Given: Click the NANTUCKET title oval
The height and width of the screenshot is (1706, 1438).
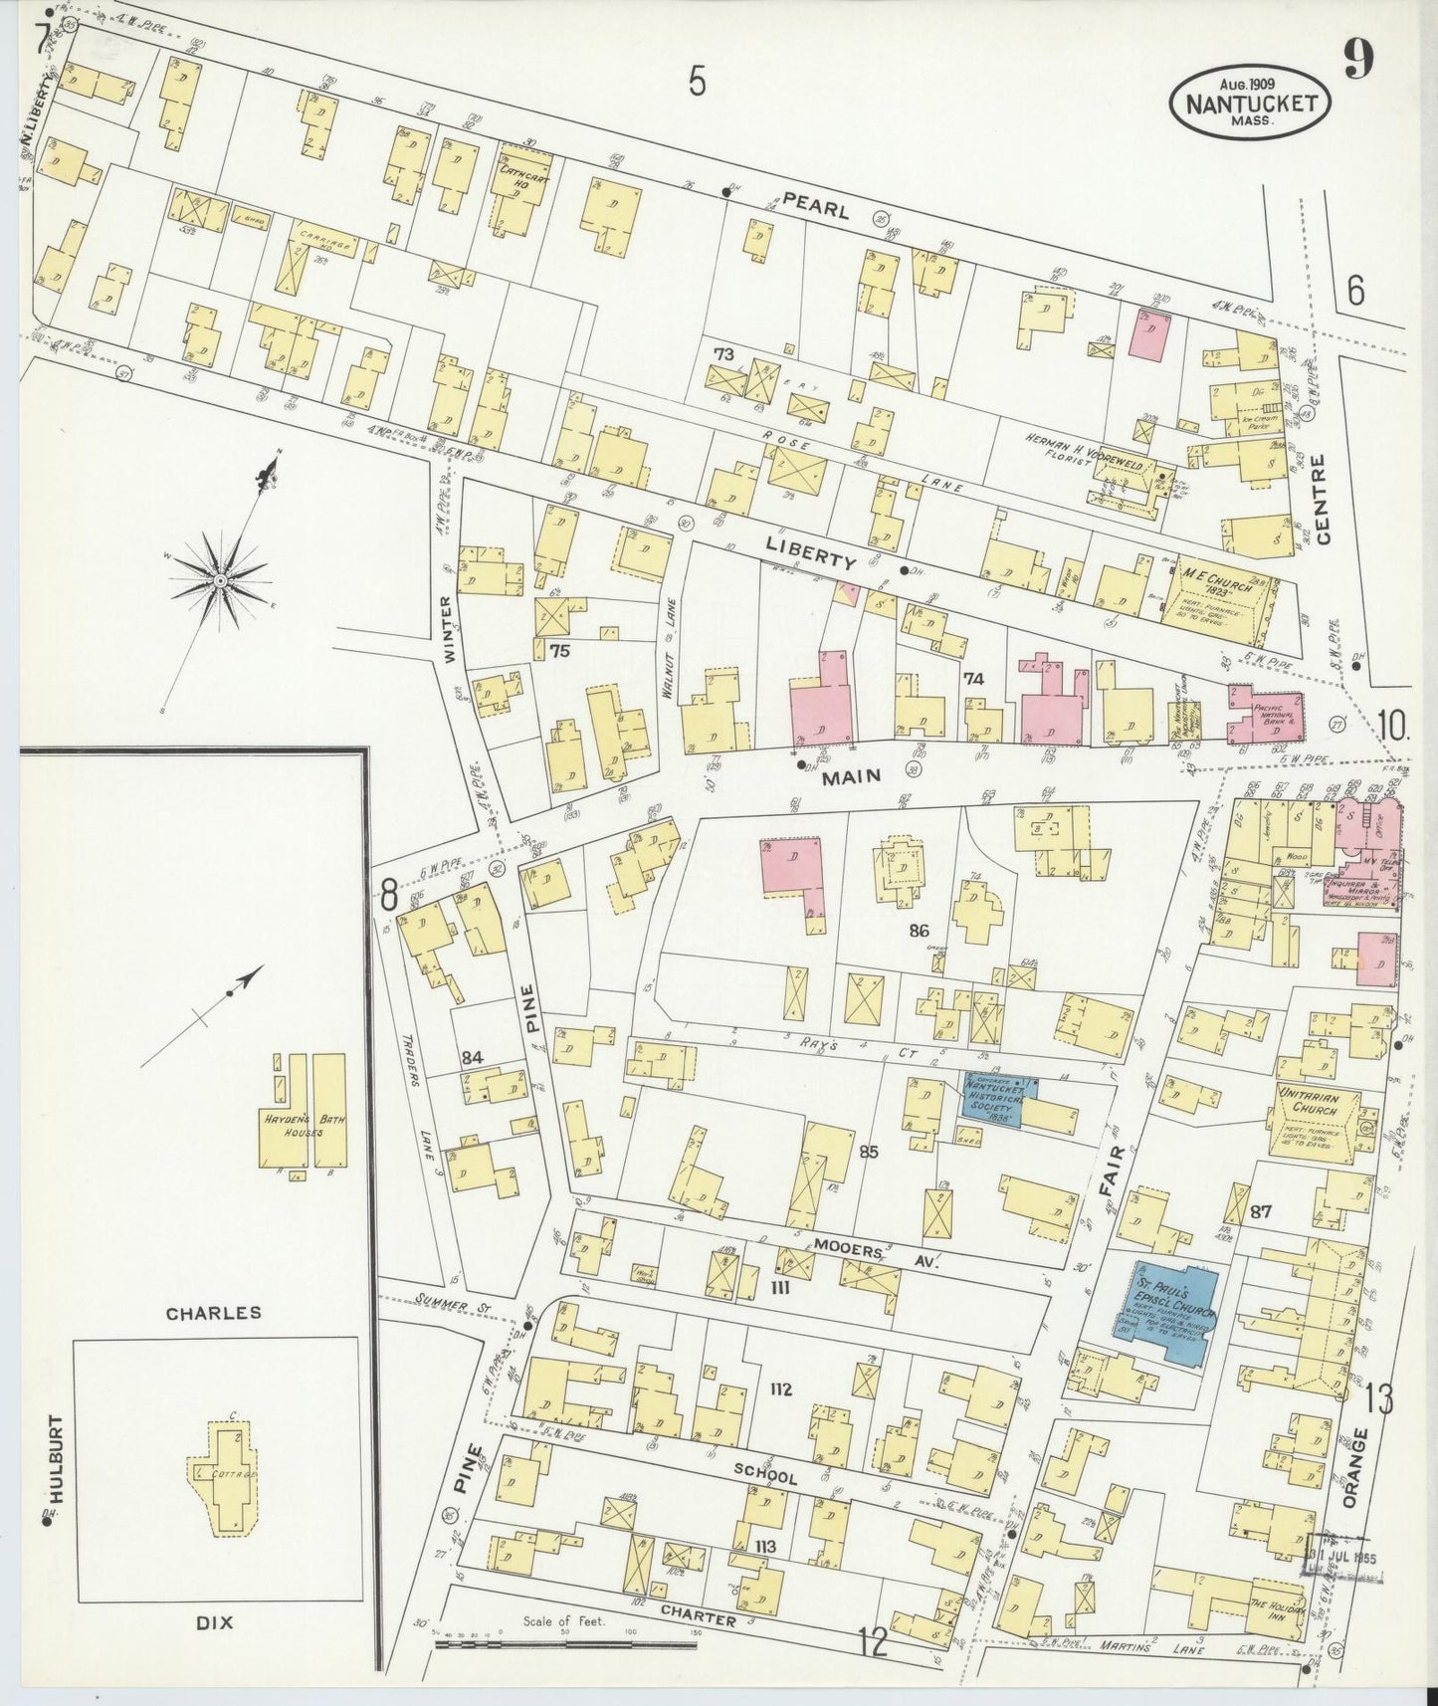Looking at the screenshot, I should (1251, 101).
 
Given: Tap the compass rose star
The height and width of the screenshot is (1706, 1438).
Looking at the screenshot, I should (218, 578).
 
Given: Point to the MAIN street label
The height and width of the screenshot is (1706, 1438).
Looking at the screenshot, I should (851, 777).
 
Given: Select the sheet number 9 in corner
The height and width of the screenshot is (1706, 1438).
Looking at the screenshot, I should (1359, 61).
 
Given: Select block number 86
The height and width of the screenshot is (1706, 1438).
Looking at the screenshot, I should (918, 932).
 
